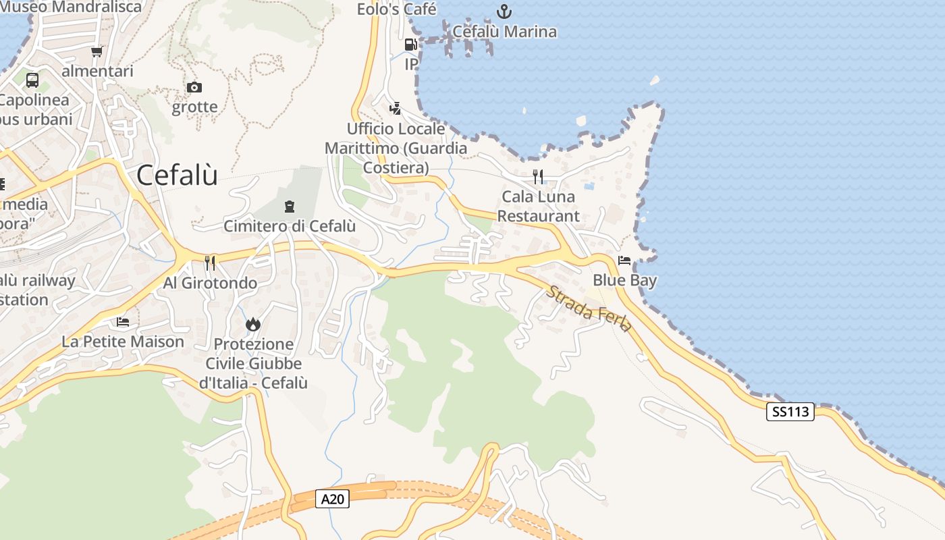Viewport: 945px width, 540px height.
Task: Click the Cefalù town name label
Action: coord(177,175)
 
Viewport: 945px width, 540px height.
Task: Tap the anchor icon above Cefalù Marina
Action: coord(504,11)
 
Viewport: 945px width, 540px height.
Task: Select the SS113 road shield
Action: coord(790,412)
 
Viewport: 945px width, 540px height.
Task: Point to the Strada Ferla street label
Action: coord(589,309)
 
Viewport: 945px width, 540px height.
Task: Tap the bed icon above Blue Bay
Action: coord(624,261)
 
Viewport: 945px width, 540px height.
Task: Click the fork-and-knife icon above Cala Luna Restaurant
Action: coord(538,177)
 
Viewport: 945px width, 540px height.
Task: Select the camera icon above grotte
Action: coord(194,87)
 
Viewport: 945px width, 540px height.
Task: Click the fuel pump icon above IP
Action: coord(410,45)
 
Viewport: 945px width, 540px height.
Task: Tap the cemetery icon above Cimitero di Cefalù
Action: coord(290,207)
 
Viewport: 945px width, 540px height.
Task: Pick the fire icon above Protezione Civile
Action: coord(253,325)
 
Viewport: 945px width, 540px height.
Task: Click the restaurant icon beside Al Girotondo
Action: coord(210,263)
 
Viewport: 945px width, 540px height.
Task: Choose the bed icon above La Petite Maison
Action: coord(123,322)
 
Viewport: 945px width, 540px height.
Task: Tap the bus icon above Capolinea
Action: coord(32,80)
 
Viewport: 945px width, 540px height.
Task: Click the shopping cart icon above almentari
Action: coord(97,51)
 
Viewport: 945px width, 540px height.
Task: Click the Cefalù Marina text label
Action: coord(504,32)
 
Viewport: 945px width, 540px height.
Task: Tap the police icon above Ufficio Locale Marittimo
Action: coord(396,108)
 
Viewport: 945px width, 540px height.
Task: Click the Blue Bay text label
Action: coord(624,280)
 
